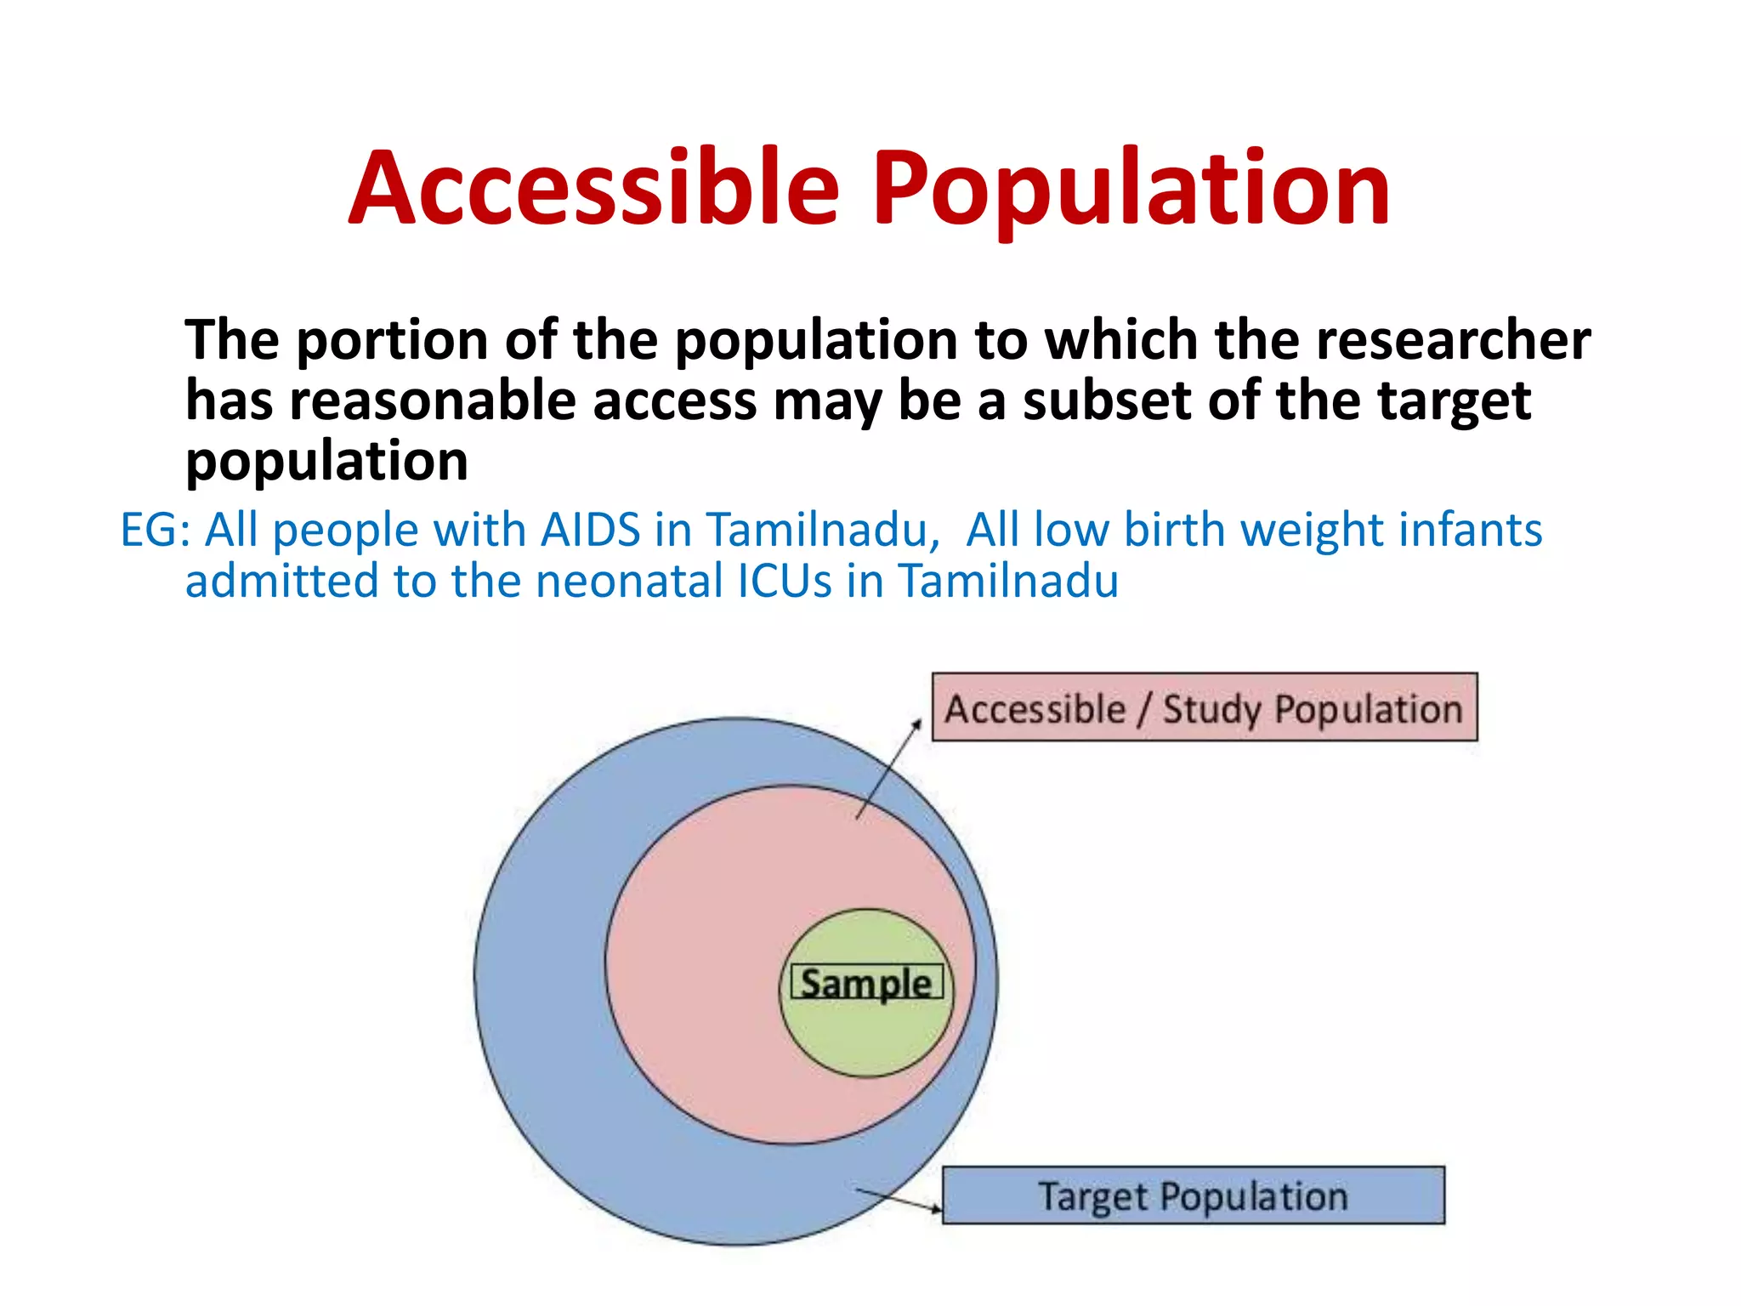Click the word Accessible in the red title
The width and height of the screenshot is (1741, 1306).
[594, 189]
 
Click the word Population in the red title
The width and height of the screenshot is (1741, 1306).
[1131, 189]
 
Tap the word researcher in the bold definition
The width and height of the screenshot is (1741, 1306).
[1453, 340]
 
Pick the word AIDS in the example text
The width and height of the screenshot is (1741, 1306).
[590, 531]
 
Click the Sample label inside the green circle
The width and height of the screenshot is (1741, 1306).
[866, 984]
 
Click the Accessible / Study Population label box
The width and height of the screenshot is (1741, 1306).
[1204, 707]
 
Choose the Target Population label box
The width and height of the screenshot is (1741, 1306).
[1193, 1195]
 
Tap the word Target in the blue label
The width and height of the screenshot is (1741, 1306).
[1092, 1197]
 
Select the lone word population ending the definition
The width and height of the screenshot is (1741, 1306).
[326, 462]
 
